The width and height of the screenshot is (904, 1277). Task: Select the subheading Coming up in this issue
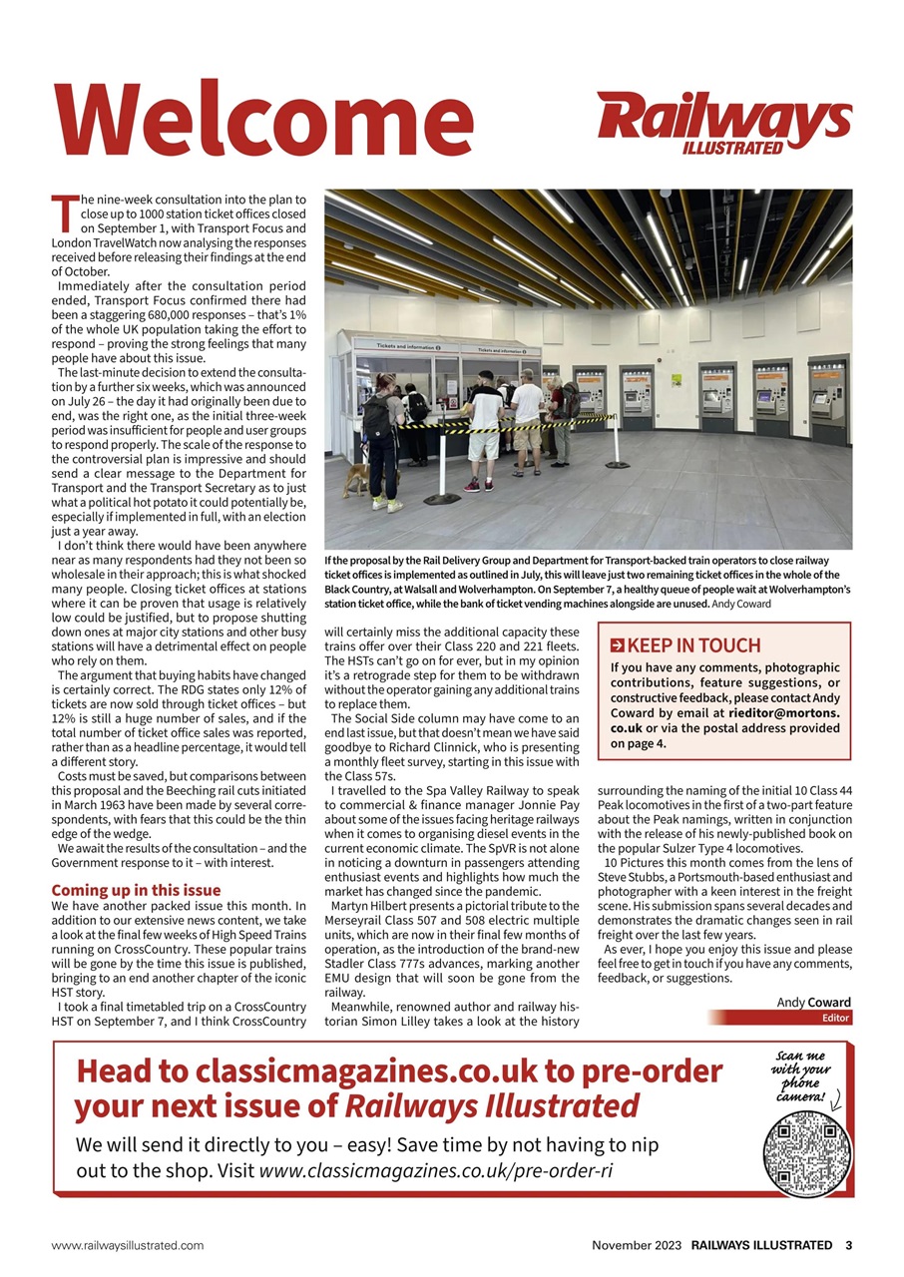coord(136,890)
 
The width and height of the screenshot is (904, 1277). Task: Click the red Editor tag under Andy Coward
coord(834,1019)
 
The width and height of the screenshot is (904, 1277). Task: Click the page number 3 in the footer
coord(848,1245)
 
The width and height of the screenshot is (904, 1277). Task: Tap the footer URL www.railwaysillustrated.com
coord(128,1245)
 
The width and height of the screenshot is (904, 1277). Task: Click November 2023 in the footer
coord(637,1245)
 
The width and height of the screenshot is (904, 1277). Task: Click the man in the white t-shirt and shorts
coord(486,424)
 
